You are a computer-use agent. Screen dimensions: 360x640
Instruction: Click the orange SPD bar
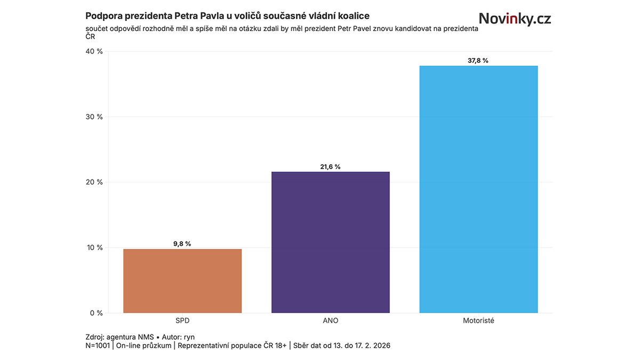pos(182,281)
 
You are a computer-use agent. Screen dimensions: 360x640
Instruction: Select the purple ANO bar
pos(331,242)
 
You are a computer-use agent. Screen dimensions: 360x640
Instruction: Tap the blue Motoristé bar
pos(478,189)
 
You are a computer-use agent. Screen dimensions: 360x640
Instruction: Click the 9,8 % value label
pos(182,244)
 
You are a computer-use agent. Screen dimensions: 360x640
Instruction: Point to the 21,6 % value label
pos(330,167)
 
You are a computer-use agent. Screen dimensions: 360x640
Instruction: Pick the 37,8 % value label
pos(478,61)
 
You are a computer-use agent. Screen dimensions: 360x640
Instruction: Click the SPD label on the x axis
pos(182,321)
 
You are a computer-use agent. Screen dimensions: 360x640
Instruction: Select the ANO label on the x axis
pos(331,321)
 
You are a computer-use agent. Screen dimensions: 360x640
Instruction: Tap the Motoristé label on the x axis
pos(478,321)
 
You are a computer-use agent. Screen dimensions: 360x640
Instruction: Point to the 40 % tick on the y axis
pos(94,51)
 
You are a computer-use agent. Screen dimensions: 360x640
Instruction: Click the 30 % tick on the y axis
pos(94,117)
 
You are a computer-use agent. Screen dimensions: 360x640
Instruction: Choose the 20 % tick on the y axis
pos(94,182)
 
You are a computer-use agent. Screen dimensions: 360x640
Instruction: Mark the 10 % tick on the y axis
pos(94,247)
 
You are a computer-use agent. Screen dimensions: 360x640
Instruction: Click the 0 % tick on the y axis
pos(96,313)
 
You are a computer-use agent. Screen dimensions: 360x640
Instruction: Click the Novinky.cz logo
pos(515,19)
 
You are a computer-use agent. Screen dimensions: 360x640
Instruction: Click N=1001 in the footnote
pos(98,346)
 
